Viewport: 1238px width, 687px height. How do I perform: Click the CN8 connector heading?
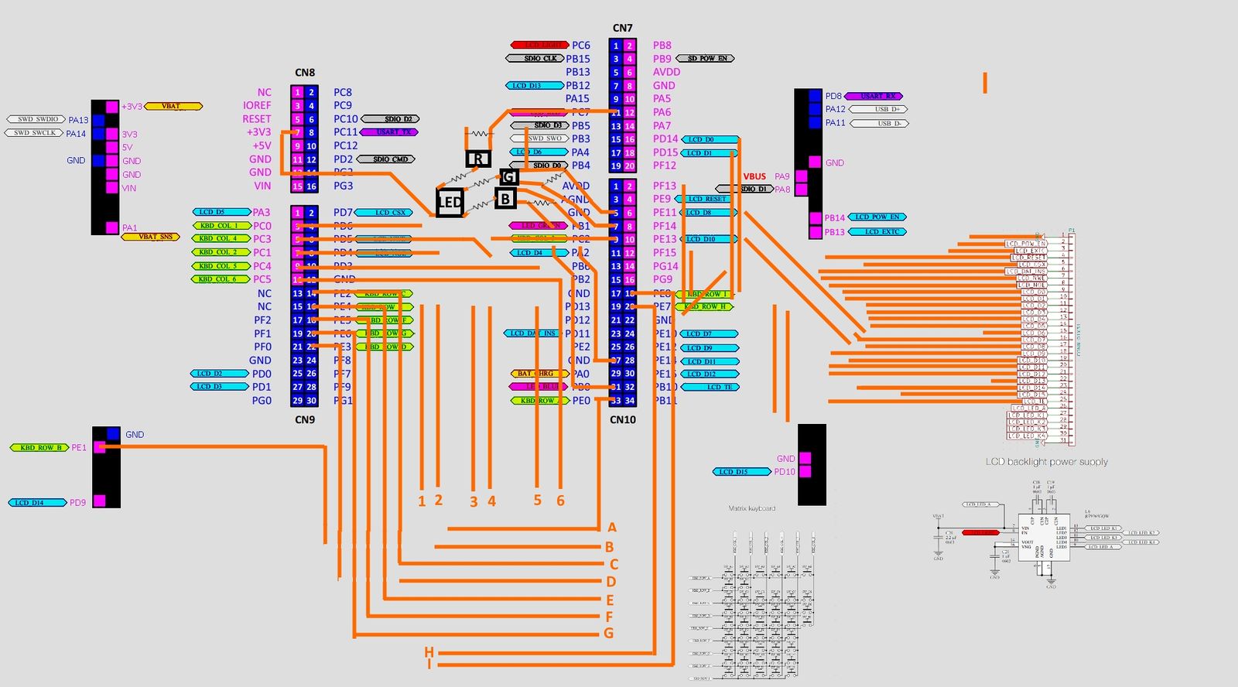[x=305, y=73]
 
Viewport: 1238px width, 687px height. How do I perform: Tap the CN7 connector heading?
[x=622, y=28]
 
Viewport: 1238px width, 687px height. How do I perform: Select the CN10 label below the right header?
[x=622, y=419]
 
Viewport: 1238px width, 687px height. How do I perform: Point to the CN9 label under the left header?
[x=305, y=419]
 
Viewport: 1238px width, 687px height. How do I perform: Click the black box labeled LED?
[x=450, y=203]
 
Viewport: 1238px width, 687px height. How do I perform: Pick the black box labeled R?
[x=478, y=159]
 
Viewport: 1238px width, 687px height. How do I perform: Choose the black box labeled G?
[x=508, y=177]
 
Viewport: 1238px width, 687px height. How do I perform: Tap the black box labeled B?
[x=505, y=199]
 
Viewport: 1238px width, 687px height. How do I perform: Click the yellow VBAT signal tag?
[x=173, y=106]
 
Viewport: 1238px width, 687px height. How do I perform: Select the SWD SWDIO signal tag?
[x=36, y=119]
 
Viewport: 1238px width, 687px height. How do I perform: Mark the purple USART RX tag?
[x=874, y=96]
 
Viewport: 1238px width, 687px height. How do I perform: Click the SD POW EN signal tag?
[x=706, y=58]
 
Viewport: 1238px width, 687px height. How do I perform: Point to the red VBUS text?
[x=754, y=176]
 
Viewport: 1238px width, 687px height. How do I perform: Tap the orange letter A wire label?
[x=612, y=528]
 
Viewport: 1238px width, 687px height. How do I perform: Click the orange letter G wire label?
[x=609, y=634]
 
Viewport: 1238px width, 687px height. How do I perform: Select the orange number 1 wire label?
[x=422, y=501]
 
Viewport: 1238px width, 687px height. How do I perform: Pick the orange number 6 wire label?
[x=560, y=501]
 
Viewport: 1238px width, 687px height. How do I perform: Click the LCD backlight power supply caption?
[x=1046, y=462]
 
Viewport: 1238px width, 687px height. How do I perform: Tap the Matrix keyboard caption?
[x=751, y=508]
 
